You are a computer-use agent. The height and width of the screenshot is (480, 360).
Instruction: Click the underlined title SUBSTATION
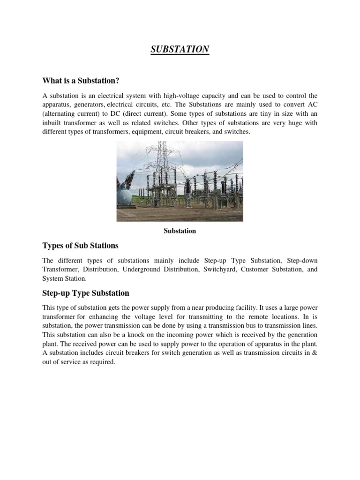180,49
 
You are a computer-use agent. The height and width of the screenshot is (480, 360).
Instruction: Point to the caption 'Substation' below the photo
180,231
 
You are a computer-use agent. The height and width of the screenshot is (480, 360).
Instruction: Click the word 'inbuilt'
52,123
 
